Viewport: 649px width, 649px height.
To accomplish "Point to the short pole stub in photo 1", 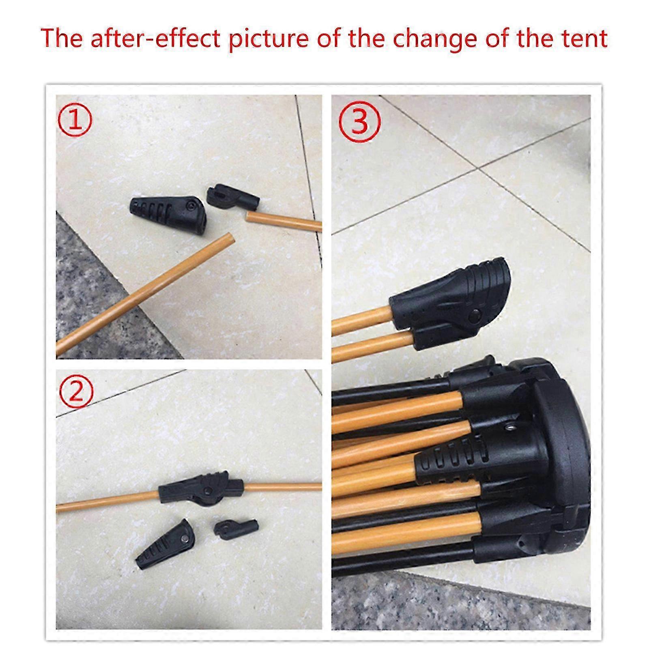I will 284,221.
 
